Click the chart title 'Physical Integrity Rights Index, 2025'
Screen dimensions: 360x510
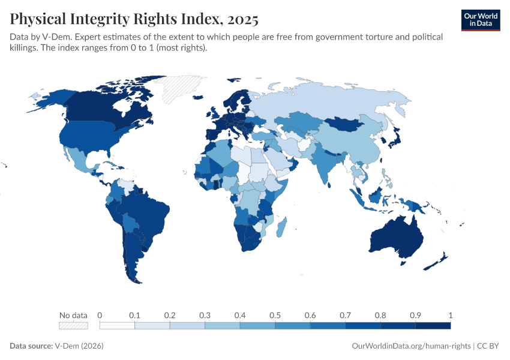click(134, 19)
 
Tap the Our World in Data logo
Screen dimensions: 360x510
click(480, 19)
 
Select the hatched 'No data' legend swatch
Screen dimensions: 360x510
click(73, 325)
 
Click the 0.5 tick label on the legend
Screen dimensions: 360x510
click(275, 315)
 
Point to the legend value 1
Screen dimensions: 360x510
click(450, 315)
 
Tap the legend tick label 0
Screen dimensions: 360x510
click(100, 315)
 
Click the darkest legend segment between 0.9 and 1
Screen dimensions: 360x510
click(433, 325)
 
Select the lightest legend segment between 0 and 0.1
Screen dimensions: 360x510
click(117, 325)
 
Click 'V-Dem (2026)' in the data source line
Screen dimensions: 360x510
click(78, 346)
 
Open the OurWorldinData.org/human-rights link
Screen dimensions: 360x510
click(410, 346)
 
